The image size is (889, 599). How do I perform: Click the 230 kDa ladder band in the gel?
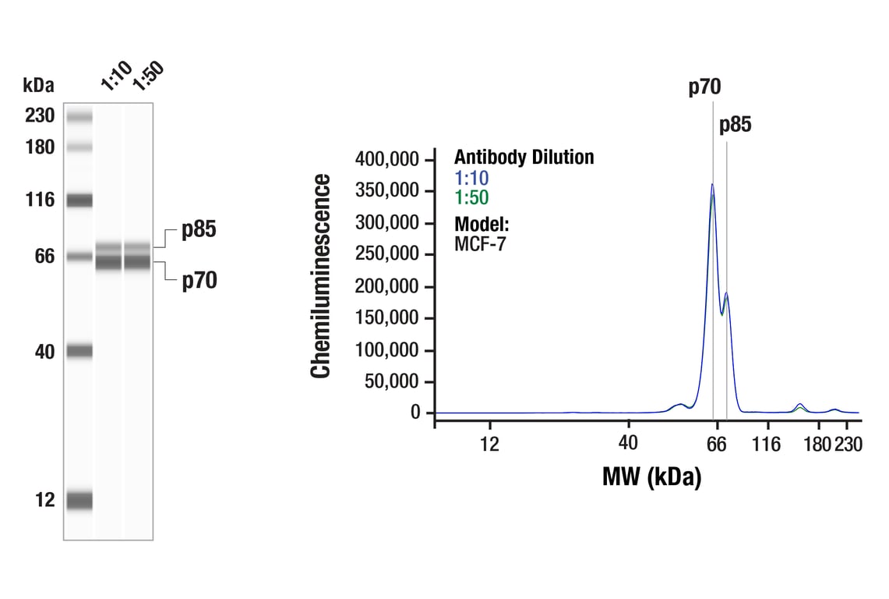point(79,117)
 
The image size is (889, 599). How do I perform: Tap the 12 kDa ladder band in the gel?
point(79,500)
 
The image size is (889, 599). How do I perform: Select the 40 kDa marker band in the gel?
point(79,352)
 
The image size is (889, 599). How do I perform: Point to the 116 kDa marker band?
point(79,200)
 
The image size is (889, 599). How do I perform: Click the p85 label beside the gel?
point(199,230)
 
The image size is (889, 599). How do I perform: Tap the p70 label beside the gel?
point(199,280)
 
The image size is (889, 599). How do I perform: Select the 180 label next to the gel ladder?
point(39,147)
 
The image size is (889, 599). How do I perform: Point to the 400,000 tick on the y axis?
point(387,159)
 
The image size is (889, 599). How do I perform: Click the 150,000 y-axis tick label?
point(387,318)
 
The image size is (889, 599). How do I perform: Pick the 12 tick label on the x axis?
point(489,445)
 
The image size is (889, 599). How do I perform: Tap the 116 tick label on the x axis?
point(767,445)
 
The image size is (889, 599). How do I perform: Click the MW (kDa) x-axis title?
point(651,476)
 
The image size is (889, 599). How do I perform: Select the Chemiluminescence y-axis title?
point(320,276)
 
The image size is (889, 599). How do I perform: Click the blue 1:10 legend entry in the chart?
point(471,178)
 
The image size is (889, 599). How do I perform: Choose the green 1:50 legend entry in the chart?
point(471,197)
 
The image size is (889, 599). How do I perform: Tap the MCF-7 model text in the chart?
point(480,243)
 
